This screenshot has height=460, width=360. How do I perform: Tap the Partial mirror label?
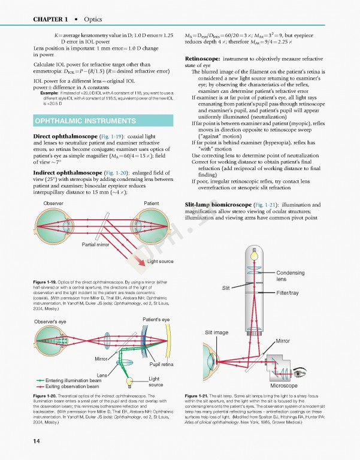(95, 244)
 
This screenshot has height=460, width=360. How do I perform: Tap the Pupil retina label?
(162, 364)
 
